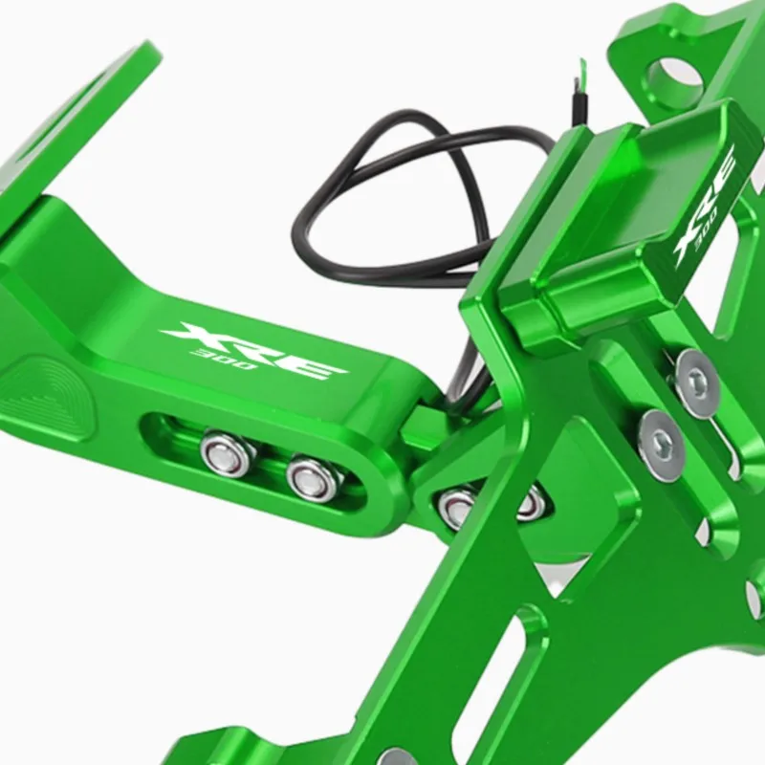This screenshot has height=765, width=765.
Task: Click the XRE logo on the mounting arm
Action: [x=253, y=350]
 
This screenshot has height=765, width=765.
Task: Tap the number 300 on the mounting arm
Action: [x=226, y=360]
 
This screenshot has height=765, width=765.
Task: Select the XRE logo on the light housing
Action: [x=704, y=205]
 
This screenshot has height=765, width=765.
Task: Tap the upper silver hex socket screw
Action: [x=698, y=383]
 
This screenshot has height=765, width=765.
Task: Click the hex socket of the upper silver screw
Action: [x=698, y=381]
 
